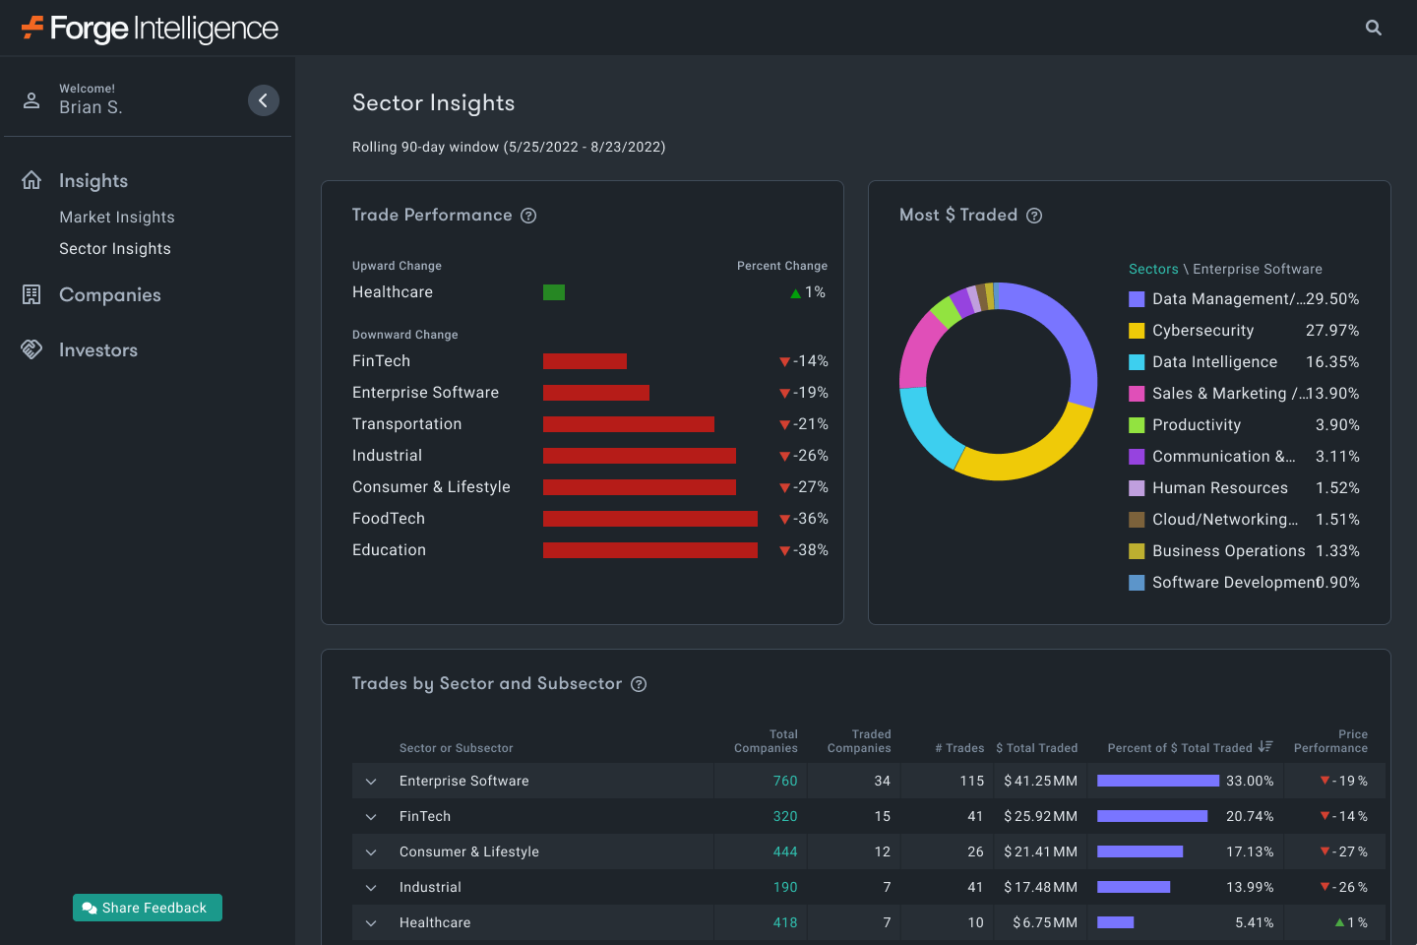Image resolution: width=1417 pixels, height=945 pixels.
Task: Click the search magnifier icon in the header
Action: pyautogui.click(x=1374, y=28)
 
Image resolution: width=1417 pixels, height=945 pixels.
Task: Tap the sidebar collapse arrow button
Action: pyautogui.click(x=263, y=100)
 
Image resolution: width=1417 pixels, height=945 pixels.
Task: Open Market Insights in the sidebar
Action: pyautogui.click(x=117, y=218)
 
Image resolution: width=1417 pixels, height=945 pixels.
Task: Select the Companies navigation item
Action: pyautogui.click(x=109, y=295)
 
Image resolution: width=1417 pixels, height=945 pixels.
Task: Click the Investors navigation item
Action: pyautogui.click(x=97, y=350)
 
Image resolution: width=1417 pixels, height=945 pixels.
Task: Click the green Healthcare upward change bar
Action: pyautogui.click(x=554, y=292)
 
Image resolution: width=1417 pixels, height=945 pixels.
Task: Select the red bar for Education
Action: pyautogui.click(x=649, y=550)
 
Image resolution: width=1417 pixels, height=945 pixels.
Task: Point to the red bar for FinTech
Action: pyautogui.click(x=585, y=361)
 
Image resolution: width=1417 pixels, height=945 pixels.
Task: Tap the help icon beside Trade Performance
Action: pyautogui.click(x=528, y=216)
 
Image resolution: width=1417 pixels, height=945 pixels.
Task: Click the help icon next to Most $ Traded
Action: pyautogui.click(x=1034, y=216)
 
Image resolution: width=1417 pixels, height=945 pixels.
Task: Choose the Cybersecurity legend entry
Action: pyautogui.click(x=1202, y=331)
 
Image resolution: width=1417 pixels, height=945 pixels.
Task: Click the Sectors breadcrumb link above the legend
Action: pyautogui.click(x=1153, y=270)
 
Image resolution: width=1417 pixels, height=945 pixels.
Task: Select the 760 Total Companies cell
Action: pyautogui.click(x=784, y=781)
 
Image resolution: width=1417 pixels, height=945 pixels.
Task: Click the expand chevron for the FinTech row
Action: pyautogui.click(x=371, y=816)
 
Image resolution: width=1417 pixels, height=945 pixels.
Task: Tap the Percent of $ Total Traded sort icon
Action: pyautogui.click(x=1265, y=747)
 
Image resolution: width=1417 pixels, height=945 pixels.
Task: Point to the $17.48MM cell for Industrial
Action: pyautogui.click(x=1040, y=887)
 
